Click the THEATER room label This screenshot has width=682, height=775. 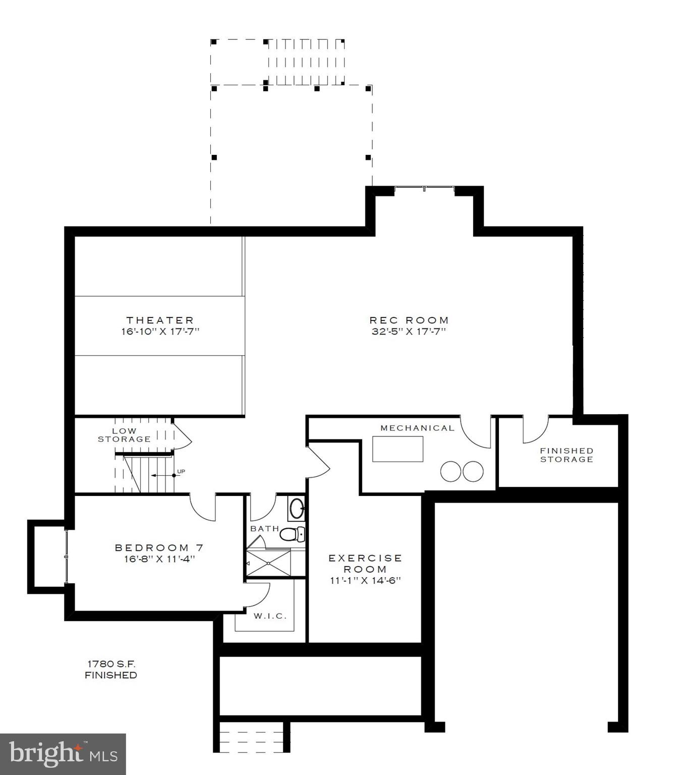click(160, 320)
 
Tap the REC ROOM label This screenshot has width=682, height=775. click(409, 320)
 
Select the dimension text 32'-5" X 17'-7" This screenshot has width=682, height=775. click(409, 331)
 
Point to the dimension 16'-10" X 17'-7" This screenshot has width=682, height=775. click(160, 331)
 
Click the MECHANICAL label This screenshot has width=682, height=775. click(417, 428)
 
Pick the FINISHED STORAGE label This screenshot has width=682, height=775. click(566, 455)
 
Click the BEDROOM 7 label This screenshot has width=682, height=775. click(159, 547)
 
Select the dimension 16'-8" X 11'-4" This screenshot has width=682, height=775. click(159, 559)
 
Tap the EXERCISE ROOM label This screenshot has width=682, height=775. click(365, 563)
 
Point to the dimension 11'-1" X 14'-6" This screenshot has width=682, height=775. click(365, 580)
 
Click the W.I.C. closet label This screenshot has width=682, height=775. click(270, 616)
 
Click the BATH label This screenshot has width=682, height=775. click(264, 528)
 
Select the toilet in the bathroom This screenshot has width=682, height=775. click(292, 534)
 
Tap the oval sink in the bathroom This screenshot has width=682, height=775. click(297, 508)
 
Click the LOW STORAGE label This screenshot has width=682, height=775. click(124, 435)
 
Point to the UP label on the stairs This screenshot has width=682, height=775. click(181, 471)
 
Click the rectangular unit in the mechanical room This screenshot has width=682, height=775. click(397, 449)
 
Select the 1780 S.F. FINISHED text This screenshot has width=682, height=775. click(111, 669)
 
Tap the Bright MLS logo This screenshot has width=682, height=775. click(63, 754)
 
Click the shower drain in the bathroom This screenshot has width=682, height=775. click(268, 563)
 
